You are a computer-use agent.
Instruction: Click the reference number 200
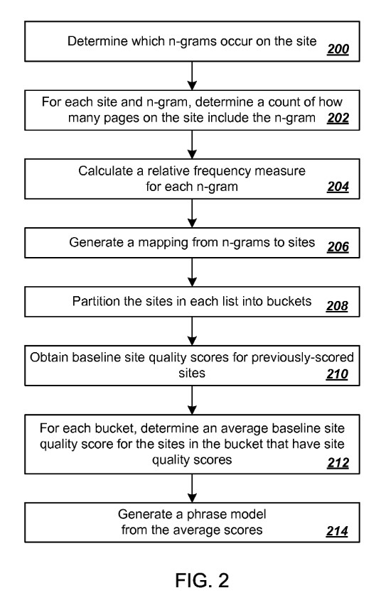(x=338, y=49)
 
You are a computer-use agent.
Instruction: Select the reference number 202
(x=338, y=118)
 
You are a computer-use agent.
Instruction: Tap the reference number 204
(x=338, y=187)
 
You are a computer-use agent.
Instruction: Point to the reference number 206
(x=338, y=246)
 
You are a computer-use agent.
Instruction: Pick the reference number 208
(x=337, y=306)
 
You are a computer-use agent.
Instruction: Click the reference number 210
(x=337, y=374)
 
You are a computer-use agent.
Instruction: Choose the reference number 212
(x=338, y=462)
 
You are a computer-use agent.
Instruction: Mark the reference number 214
(x=337, y=531)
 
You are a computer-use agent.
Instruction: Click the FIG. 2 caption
(x=202, y=580)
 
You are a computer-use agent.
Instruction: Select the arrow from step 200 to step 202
(x=192, y=76)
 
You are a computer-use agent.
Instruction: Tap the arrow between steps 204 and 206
(x=192, y=213)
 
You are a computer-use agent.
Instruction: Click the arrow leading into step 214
(x=192, y=488)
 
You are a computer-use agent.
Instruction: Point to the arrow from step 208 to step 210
(x=192, y=331)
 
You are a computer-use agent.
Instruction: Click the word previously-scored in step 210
(x=302, y=358)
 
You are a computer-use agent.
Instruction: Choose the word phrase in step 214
(x=205, y=515)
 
